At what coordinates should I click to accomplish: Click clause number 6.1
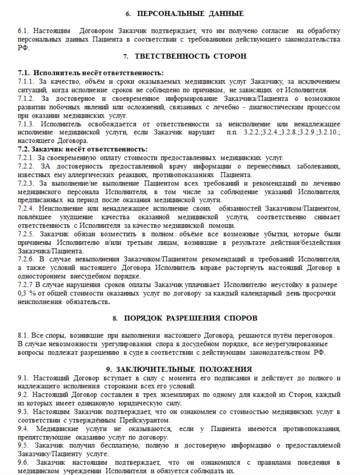(x=23, y=31)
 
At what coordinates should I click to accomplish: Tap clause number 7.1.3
(x=26, y=124)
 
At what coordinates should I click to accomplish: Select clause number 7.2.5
(x=26, y=234)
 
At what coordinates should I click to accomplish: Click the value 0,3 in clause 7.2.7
(x=23, y=293)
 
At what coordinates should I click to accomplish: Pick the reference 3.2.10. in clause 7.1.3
(x=327, y=132)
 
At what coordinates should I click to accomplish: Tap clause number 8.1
(x=23, y=335)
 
